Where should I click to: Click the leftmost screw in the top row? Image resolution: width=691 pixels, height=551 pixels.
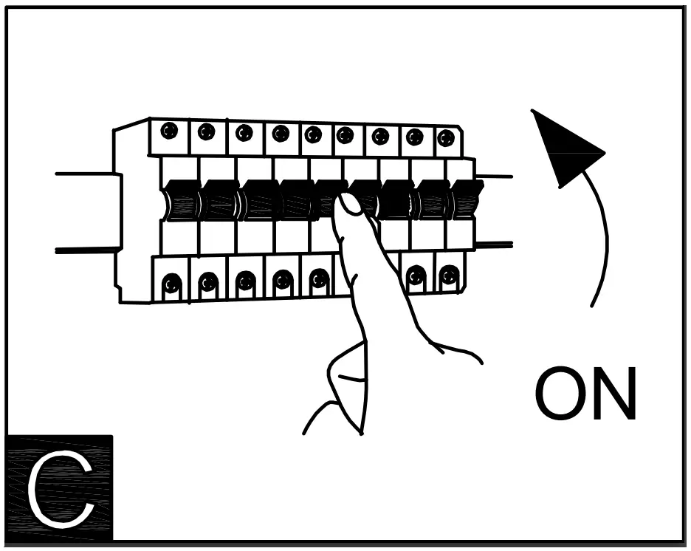(169, 131)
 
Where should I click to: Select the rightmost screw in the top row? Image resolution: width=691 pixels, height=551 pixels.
(445, 138)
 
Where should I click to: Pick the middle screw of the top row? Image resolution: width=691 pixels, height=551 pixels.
(313, 134)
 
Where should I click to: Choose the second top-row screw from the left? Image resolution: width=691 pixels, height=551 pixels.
(207, 131)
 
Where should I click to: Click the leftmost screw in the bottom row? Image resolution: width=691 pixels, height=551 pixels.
(171, 283)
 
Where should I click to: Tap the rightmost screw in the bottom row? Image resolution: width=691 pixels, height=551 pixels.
(449, 276)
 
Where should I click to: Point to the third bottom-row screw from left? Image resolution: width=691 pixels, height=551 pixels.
(246, 281)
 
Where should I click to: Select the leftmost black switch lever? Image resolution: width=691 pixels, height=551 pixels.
(181, 200)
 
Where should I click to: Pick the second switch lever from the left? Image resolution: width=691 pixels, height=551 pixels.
(219, 200)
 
